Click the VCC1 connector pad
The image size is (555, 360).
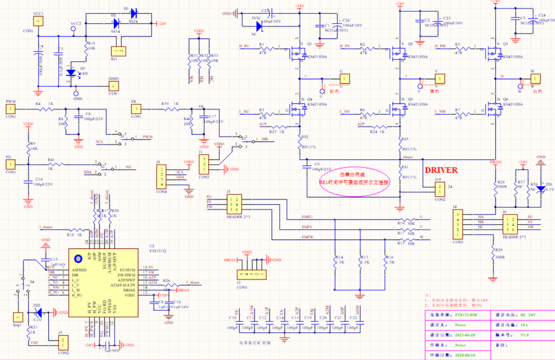point(37,21)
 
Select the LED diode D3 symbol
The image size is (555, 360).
point(71,71)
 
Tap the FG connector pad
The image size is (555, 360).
point(10,164)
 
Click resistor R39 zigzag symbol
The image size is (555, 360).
point(166,109)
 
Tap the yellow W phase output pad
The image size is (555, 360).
point(535,78)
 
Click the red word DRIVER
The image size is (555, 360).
point(440,169)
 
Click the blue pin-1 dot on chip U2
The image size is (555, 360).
point(78,259)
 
